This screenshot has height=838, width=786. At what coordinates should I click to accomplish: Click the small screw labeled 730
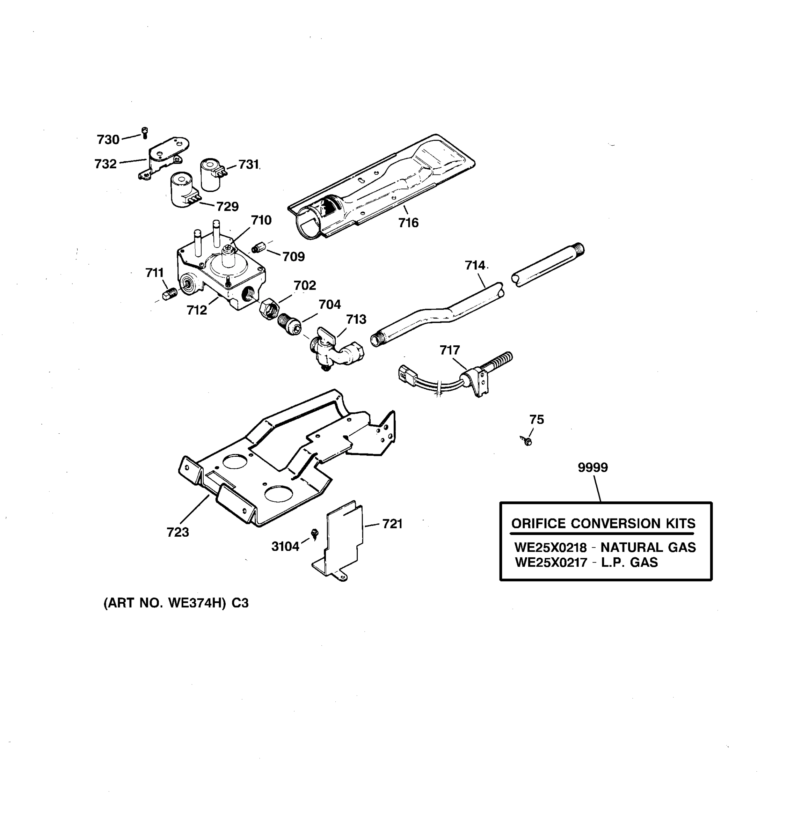(x=145, y=133)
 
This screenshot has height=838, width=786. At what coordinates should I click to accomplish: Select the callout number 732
(x=105, y=164)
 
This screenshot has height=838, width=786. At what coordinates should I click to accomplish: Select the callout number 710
(x=261, y=220)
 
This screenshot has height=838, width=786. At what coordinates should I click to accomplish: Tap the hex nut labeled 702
(x=269, y=309)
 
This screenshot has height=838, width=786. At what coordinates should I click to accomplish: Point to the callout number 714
(x=475, y=266)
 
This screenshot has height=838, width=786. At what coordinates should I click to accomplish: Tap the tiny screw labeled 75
(x=527, y=441)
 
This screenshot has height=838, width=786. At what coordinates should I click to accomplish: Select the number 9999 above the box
(x=592, y=468)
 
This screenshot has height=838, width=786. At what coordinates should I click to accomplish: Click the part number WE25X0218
(x=550, y=547)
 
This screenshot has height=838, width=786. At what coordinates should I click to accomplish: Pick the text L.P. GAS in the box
(x=629, y=562)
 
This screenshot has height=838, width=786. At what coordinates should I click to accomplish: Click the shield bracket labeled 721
(x=344, y=539)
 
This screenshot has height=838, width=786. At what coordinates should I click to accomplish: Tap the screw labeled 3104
(x=314, y=534)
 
